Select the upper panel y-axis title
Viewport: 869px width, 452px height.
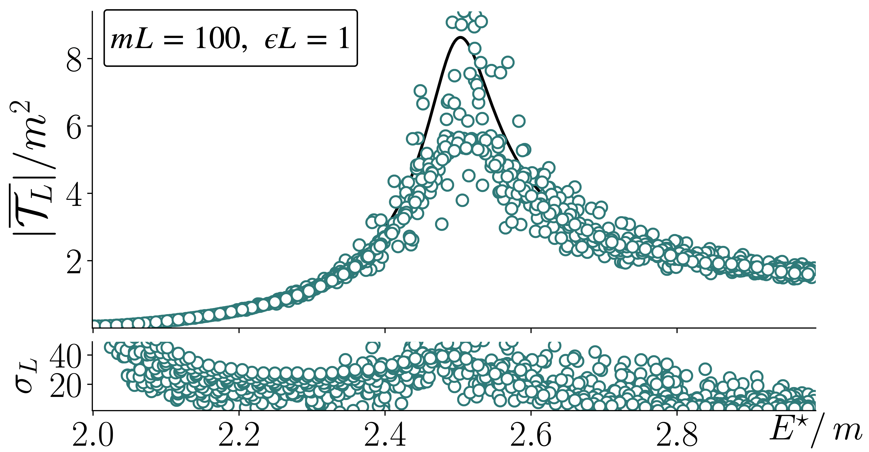(x=32, y=169)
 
